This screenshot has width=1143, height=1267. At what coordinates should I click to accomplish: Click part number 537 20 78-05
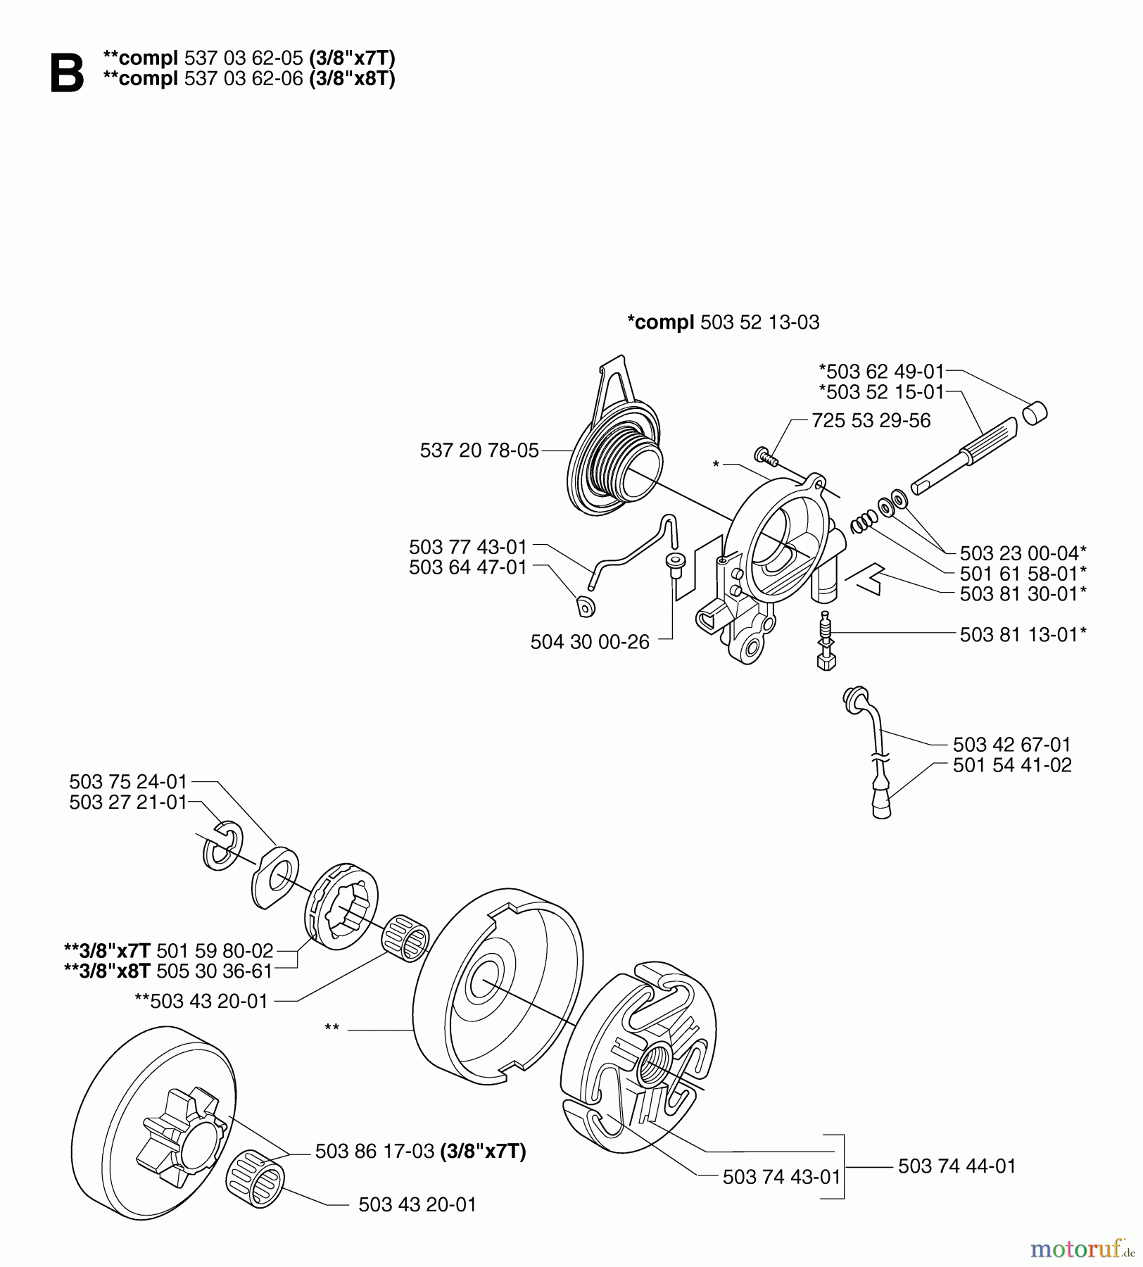(x=479, y=450)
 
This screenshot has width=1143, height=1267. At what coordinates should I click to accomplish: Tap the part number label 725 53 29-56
(x=871, y=420)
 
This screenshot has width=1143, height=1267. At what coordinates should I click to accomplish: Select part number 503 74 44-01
(x=956, y=1166)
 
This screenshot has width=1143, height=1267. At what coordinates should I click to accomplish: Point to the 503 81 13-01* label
(x=1023, y=634)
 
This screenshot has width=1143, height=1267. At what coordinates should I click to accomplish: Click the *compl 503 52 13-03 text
(x=723, y=322)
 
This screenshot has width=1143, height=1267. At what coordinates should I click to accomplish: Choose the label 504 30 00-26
(x=589, y=642)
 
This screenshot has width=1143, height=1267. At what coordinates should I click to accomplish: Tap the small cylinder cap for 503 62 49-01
(x=1035, y=412)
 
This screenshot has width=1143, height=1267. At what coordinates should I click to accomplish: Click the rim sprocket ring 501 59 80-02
(x=342, y=908)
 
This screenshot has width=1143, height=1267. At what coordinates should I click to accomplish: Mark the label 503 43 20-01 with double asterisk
(x=201, y=1000)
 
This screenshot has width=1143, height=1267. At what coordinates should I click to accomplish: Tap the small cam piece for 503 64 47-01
(x=585, y=604)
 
